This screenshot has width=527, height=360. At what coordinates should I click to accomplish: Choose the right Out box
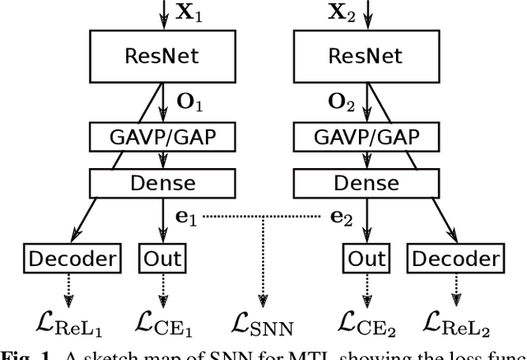tap(366, 258)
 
